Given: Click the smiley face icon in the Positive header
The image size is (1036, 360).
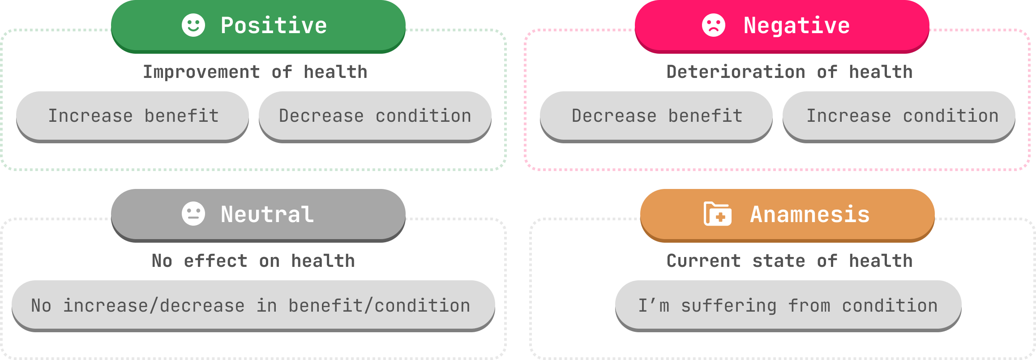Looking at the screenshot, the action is click(193, 25).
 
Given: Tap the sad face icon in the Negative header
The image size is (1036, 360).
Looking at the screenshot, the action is click(713, 25).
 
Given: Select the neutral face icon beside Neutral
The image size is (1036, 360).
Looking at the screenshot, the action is click(193, 214).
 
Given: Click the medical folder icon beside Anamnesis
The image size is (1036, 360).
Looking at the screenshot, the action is click(718, 214).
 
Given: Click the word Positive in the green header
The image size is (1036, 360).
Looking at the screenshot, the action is click(274, 26).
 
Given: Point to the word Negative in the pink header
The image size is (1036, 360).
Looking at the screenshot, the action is click(796, 26).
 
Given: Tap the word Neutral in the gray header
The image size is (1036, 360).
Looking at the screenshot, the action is click(267, 214).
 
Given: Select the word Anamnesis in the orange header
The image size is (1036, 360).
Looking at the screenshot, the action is click(810, 214).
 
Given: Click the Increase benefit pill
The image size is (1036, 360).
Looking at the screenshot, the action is click(133, 116).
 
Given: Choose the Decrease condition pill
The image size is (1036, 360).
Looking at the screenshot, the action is click(375, 116).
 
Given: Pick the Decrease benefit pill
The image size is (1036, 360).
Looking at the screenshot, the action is click(656, 116).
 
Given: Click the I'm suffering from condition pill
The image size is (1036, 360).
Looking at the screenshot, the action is click(788, 305).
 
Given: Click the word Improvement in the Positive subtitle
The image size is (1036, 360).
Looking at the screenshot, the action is click(201, 72).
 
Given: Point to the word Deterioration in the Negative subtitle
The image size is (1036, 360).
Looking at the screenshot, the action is click(736, 72).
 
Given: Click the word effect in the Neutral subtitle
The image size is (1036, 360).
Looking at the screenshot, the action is click(215, 261).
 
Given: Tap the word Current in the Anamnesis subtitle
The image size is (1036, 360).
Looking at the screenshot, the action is click(703, 261).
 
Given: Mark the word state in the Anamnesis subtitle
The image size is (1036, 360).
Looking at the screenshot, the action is click(779, 261).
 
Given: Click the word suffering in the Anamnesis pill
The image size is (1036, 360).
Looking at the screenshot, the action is click(729, 306).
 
